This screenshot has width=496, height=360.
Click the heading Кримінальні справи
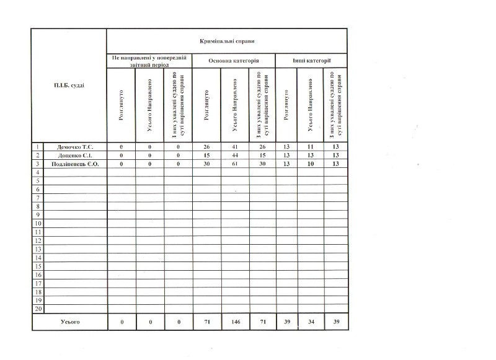(x=227, y=41)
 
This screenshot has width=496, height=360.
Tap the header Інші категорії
(x=311, y=61)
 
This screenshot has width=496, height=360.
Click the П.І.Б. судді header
(x=69, y=85)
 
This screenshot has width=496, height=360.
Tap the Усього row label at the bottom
(x=69, y=322)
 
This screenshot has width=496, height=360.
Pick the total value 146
(x=235, y=322)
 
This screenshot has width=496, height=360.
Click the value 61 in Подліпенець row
(x=235, y=164)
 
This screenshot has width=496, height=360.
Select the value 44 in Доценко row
(x=235, y=155)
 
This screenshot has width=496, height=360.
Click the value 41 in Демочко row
(x=235, y=146)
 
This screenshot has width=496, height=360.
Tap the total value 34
(x=310, y=322)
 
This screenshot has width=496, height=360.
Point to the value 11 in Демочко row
(x=310, y=146)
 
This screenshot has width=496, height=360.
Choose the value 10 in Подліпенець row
(x=310, y=164)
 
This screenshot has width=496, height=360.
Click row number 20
(x=38, y=309)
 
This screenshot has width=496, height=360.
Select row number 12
(x=38, y=240)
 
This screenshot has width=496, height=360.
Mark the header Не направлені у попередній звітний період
(x=149, y=61)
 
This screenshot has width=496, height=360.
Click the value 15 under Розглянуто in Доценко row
(x=206, y=155)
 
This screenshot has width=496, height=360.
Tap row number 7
(x=38, y=197)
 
